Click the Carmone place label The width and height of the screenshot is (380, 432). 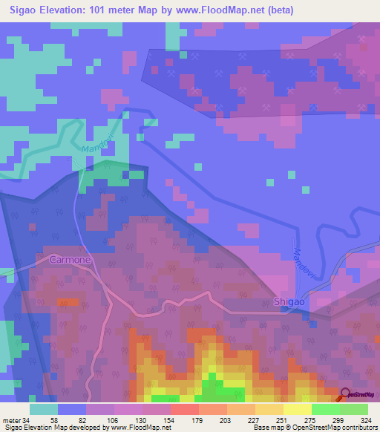pos(71,261)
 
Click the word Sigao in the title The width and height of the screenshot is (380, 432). pos(27,10)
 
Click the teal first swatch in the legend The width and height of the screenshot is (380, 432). pos(44,409)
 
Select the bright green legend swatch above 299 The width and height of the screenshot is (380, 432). pos(325,409)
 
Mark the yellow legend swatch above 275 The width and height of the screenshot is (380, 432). pos(298,409)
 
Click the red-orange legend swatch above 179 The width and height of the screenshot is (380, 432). pos(185,409)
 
